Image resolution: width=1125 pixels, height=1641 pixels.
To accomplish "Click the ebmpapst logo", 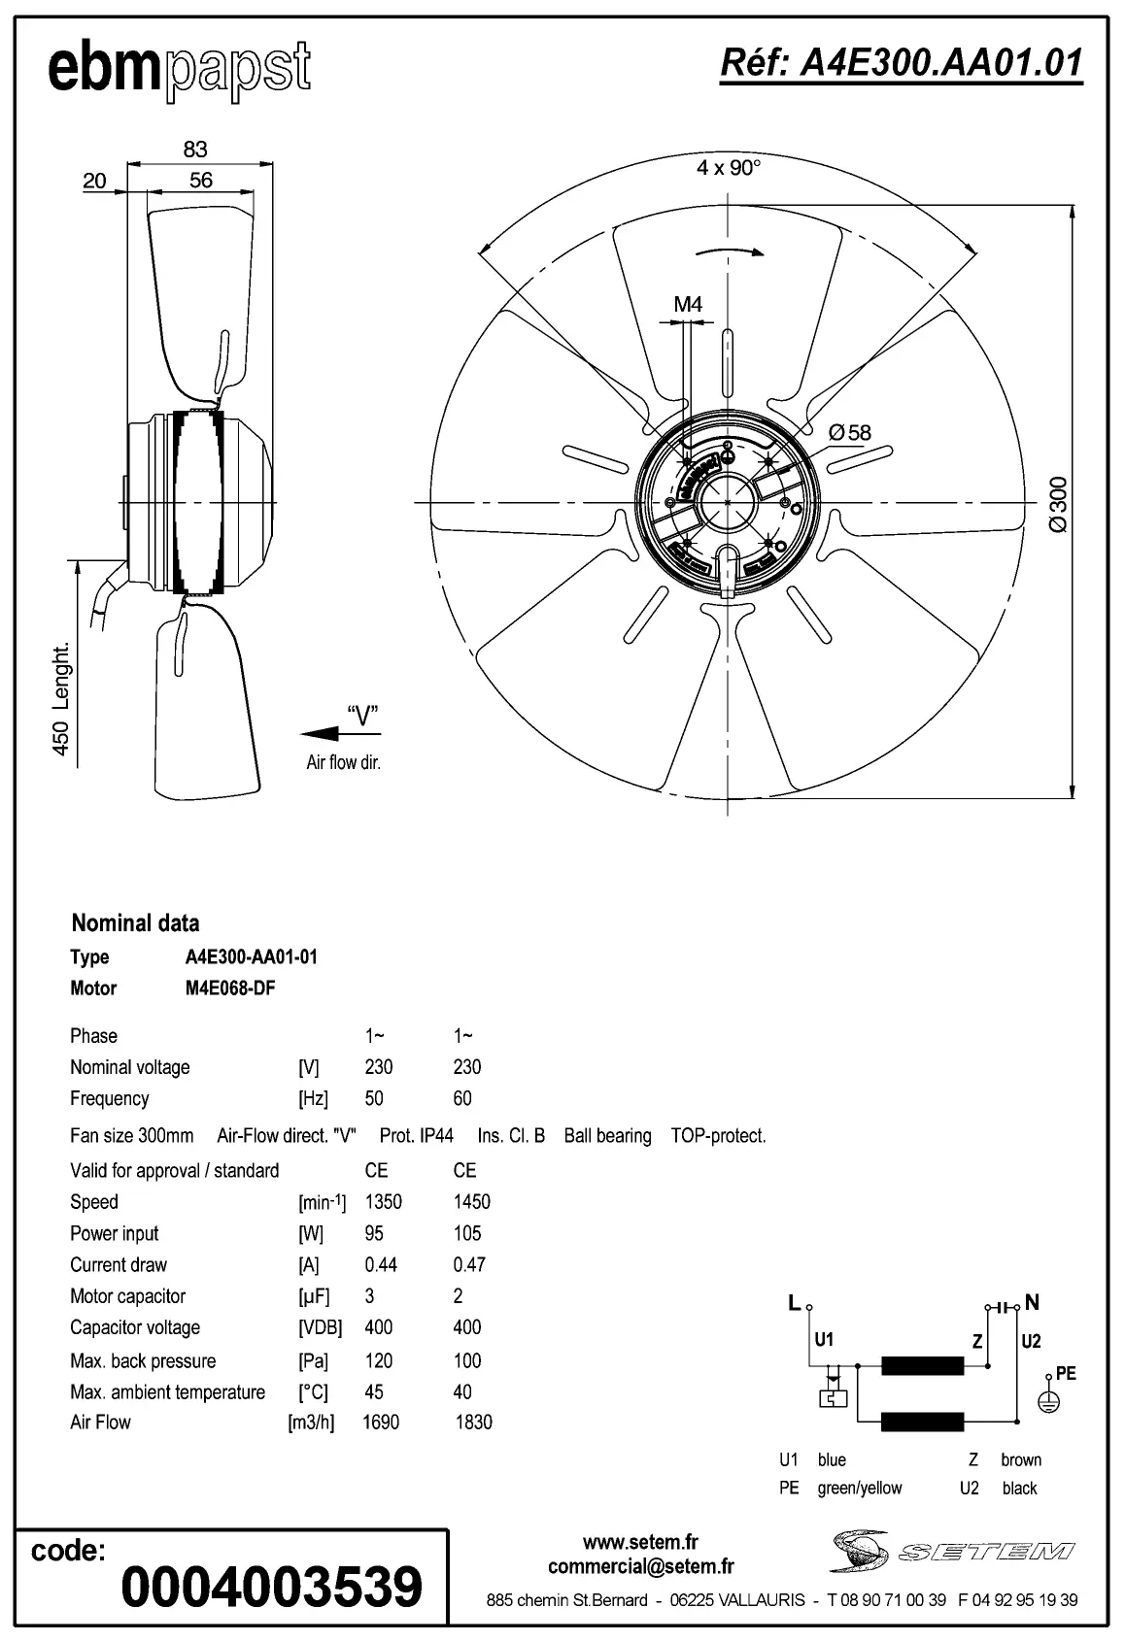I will (x=180, y=70).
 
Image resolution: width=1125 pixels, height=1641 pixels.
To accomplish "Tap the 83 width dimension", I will (x=195, y=149).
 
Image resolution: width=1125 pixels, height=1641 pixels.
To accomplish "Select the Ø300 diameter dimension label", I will (x=1059, y=503).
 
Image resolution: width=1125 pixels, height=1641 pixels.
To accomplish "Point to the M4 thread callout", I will (x=688, y=305).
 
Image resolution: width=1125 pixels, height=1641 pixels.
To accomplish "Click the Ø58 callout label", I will (x=850, y=433).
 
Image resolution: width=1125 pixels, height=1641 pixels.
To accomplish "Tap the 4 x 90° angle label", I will (x=729, y=168).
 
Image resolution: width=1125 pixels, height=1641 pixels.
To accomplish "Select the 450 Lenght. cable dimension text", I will (x=60, y=698).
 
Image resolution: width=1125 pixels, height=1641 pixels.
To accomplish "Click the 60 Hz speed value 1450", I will (x=471, y=1202).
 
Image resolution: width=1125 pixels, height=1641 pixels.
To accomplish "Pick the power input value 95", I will (x=374, y=1233).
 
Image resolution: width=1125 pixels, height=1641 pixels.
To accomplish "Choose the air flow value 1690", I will (x=381, y=1422).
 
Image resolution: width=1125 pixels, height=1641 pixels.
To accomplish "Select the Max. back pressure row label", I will (x=143, y=1360).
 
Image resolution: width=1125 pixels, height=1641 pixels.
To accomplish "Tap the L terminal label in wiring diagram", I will (x=794, y=1303).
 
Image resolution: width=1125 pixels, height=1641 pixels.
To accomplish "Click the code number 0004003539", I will (x=272, y=1587).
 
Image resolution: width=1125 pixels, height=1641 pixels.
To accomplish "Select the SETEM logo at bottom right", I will (x=952, y=1551).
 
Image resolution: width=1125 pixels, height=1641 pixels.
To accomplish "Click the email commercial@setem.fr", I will (x=640, y=1566).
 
